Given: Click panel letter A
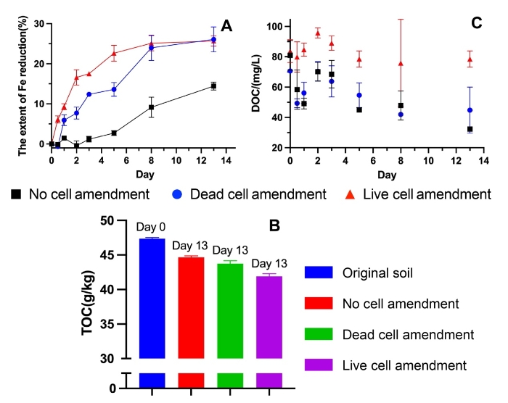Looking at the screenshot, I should pyautogui.click(x=227, y=26).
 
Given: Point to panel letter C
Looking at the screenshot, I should pyautogui.click(x=477, y=23).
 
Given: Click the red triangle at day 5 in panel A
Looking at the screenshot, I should pyautogui.click(x=114, y=53).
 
